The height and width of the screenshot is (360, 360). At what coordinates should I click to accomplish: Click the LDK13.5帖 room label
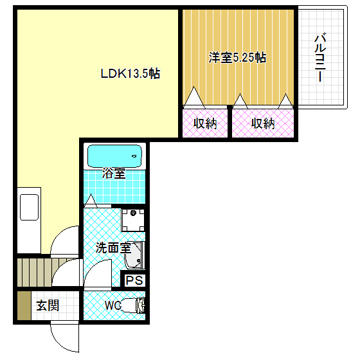[x=129, y=74]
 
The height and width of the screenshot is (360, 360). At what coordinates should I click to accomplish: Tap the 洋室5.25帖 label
[x=237, y=58]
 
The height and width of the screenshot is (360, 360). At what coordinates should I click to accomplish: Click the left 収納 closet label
[x=205, y=123]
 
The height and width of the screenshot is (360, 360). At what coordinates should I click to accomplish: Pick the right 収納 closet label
[x=262, y=123]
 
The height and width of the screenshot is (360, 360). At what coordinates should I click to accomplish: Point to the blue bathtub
[x=114, y=156]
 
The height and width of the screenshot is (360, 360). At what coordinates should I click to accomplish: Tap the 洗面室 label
[x=113, y=248]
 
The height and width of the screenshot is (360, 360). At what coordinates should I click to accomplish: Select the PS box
[x=134, y=280]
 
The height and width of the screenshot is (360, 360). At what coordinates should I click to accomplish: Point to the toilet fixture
[x=133, y=305]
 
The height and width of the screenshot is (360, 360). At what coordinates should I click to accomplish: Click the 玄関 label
[x=47, y=305]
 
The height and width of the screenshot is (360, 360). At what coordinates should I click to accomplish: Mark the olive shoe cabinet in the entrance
[x=23, y=306]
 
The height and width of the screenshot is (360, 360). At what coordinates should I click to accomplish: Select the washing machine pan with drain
[x=133, y=221]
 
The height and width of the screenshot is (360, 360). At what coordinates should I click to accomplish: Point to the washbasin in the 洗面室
[x=134, y=257]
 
